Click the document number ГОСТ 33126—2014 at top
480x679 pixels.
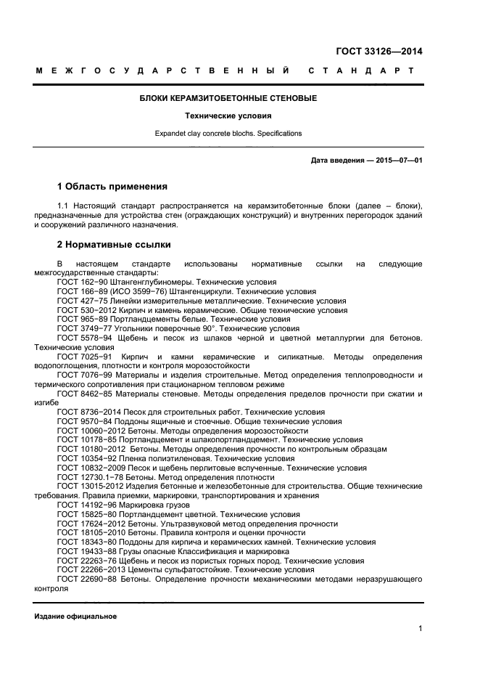pos(379,52)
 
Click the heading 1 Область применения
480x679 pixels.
pos(112,187)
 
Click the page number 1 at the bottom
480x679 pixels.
pos(420,629)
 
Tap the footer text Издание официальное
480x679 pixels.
pos(76,616)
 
